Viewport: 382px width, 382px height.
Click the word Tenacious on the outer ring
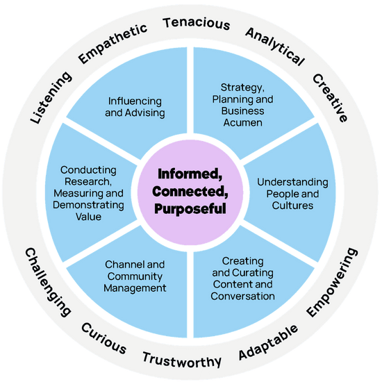click(x=197, y=24)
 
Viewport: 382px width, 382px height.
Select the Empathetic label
click(x=113, y=44)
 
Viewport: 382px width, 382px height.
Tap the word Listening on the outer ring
click(x=51, y=97)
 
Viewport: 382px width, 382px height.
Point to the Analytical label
click(x=275, y=47)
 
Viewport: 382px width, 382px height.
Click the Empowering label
click(x=332, y=282)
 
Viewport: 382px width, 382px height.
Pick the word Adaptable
click(x=268, y=342)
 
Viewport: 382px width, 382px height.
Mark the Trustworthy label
click(x=182, y=360)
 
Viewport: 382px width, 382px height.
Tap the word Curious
click(x=103, y=338)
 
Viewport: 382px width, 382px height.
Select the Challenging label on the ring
click(x=48, y=282)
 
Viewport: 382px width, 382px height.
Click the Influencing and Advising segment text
click(x=135, y=107)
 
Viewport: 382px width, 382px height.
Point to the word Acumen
click(x=243, y=122)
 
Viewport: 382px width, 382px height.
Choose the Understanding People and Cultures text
click(x=292, y=194)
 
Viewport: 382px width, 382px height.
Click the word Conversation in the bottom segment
click(x=242, y=296)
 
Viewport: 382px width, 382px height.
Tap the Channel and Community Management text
click(x=135, y=276)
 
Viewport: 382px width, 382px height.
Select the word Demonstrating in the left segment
click(x=88, y=205)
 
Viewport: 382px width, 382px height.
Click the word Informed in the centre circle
click(x=190, y=174)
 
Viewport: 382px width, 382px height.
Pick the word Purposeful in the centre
click(x=190, y=209)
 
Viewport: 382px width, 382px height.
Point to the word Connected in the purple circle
click(x=190, y=192)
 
